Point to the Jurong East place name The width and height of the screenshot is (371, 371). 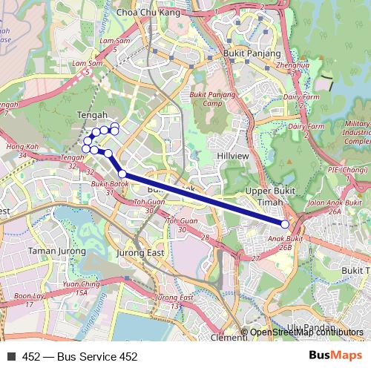[139, 253]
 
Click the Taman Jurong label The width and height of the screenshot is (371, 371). [53, 251]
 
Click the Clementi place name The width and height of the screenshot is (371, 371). [229, 338]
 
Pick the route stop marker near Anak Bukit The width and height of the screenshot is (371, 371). [285, 223]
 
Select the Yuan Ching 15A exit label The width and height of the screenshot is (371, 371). [81, 287]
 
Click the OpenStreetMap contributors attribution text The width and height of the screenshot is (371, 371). [306, 333]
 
